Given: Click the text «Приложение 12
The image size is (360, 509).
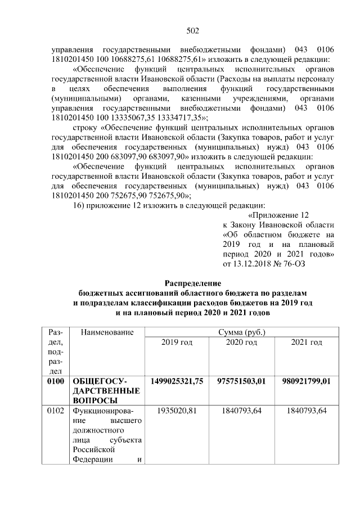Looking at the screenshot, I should coord(279,214).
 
